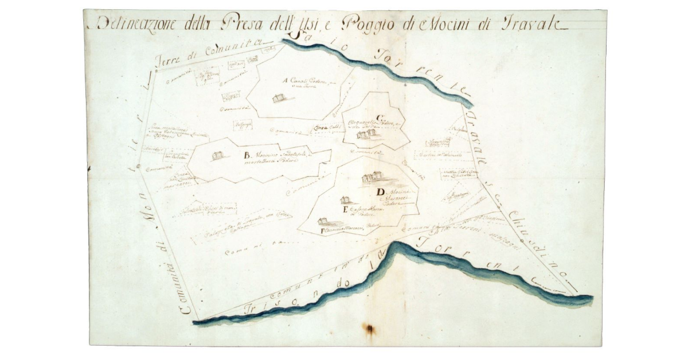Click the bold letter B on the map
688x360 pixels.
click(247, 155)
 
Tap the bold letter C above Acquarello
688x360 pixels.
click(380, 118)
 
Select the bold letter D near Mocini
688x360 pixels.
click(380, 191)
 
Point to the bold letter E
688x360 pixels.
click(345, 210)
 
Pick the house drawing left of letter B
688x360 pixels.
click(217, 155)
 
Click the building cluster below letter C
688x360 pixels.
click(366, 134)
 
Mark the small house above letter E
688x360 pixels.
click(345, 200)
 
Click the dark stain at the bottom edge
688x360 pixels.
click(369, 329)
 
